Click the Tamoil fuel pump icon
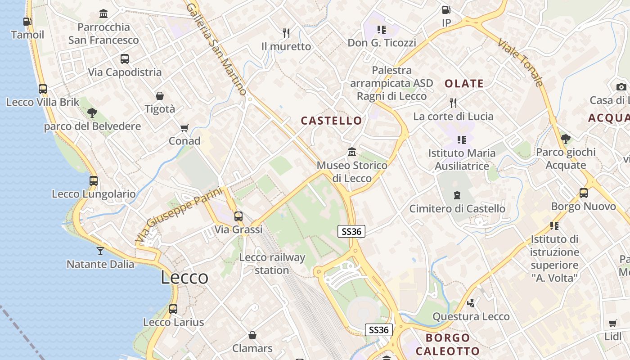point(27,21)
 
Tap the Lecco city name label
point(184,278)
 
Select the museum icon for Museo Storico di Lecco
point(352,152)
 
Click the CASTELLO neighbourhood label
point(331,121)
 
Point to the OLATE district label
point(464,84)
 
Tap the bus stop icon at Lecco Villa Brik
point(43,89)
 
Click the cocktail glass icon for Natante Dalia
point(100,251)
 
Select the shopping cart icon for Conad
point(184,128)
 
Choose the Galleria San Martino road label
point(216,49)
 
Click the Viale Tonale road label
point(521,63)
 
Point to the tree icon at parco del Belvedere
point(92,112)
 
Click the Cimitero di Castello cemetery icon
point(457,195)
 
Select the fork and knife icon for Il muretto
point(286,33)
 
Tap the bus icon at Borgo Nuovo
point(584,193)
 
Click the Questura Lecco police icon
point(471,303)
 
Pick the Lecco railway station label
point(272,264)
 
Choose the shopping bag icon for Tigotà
point(160,96)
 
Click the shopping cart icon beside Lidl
point(612,323)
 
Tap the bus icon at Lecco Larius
point(173,309)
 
